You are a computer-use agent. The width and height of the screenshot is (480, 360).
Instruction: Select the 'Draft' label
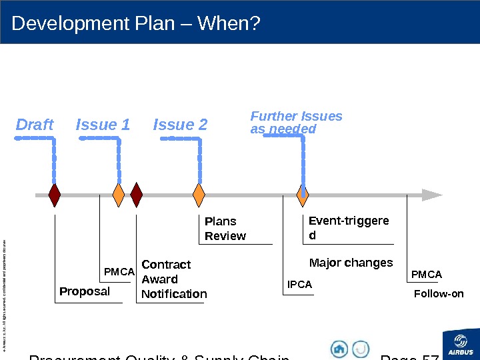pos(35,125)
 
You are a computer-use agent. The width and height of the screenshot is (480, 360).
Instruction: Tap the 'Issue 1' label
pos(103,125)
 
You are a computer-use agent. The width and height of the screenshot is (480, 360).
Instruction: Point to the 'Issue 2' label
pos(180,125)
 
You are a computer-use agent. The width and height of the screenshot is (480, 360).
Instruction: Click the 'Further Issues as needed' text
pos(295,122)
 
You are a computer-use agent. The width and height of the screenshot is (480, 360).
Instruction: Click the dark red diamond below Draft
pos(55,195)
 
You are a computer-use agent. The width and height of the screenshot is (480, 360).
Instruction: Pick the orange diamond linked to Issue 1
pos(118,195)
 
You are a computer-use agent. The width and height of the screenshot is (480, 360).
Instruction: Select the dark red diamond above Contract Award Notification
pos(137,195)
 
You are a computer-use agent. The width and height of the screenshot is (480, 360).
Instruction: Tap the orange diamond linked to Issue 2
pos(199,195)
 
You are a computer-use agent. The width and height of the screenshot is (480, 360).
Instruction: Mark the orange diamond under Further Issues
pos(303,195)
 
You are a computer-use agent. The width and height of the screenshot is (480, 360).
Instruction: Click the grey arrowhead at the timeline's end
pos(432,195)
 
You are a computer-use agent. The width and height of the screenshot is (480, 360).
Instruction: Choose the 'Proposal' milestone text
pos(85,291)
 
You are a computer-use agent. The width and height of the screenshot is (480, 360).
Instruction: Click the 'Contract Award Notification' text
pos(174,279)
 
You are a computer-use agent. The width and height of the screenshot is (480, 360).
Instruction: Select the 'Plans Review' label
pos(225,229)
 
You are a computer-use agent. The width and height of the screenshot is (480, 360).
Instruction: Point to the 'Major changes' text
pos(351,263)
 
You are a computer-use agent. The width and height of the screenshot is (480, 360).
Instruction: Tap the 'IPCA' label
pos(299,285)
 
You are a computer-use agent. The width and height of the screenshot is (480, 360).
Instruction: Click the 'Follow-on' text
pos(439,293)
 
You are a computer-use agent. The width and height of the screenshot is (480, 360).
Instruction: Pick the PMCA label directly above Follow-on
pos(427,275)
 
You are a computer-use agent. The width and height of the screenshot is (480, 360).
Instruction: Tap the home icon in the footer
pos(339,349)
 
